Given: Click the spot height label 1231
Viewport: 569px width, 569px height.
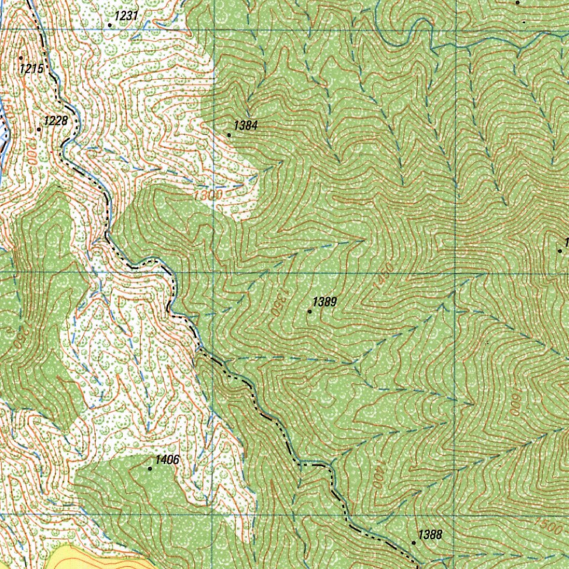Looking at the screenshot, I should [127, 16].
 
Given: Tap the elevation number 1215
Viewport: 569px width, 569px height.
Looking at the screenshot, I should [31, 69].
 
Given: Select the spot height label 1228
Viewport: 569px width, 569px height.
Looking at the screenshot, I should [56, 121].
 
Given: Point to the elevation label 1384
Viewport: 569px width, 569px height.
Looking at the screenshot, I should [246, 126].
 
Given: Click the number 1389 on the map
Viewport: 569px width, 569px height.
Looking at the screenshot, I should [325, 302].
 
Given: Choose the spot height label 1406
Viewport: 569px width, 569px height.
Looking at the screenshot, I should [167, 460].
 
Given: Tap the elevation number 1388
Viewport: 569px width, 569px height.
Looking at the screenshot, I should [430, 535].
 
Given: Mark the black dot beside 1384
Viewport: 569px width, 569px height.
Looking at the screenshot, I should [229, 134].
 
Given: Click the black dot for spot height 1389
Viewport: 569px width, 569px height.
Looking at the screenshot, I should [310, 311].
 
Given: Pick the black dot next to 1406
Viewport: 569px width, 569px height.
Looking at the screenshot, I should [150, 468].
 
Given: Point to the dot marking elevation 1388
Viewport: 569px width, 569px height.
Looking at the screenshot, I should [414, 542].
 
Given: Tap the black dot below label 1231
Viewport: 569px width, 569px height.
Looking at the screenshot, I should [110, 25].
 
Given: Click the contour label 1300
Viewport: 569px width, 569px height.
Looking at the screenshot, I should [208, 196].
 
